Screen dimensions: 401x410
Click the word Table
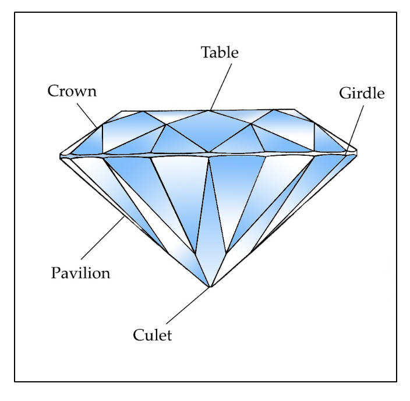220,52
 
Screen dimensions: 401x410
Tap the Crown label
72,91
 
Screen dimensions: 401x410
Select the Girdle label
362,93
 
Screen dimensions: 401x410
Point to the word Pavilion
80,273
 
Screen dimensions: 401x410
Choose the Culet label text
153,335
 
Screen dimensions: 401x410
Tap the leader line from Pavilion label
102,239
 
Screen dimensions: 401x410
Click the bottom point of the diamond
210,287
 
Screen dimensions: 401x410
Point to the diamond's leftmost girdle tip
61,155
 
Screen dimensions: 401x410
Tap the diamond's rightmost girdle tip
356,152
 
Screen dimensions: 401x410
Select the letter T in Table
206,52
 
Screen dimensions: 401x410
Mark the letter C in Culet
138,335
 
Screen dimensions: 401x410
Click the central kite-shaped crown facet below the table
210,130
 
